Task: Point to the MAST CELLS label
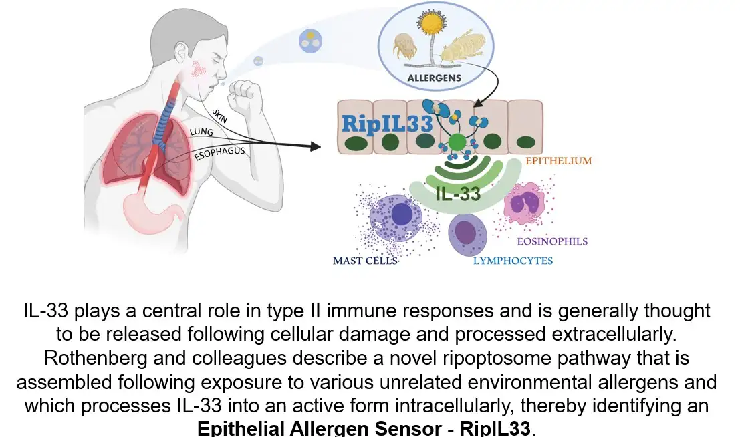pyautogui.click(x=365, y=261)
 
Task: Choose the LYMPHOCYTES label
pyautogui.click(x=513, y=261)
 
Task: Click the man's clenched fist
pyautogui.click(x=249, y=96)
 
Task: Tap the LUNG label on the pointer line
pyautogui.click(x=201, y=132)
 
